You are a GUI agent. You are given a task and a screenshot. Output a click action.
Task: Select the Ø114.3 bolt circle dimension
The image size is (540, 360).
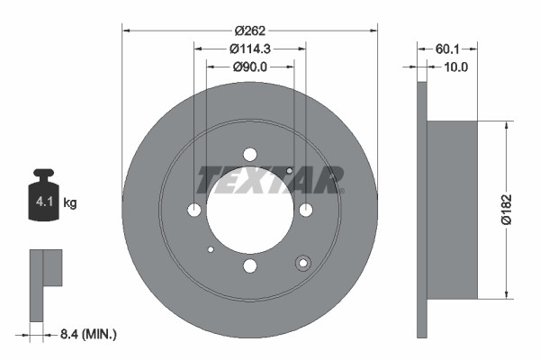[249, 48]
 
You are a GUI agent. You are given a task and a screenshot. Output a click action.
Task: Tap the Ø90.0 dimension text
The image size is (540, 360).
[249, 66]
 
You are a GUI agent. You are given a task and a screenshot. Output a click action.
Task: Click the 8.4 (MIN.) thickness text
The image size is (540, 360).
[87, 334]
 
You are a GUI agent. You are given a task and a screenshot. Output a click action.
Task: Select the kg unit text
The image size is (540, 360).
[70, 203]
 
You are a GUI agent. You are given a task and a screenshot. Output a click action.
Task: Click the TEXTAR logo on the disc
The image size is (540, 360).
[270, 179]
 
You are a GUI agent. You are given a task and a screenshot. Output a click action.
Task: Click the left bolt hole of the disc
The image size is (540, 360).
[194, 210]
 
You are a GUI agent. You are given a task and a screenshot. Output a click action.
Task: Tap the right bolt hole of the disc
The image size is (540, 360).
[306, 210]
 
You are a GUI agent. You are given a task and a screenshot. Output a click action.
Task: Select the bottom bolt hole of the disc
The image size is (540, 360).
[250, 265]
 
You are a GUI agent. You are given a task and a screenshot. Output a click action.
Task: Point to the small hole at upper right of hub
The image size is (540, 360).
[289, 171]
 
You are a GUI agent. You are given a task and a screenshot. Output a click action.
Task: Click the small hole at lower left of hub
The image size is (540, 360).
[211, 249]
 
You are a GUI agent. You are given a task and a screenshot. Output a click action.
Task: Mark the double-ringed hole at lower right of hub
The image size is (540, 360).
[303, 263]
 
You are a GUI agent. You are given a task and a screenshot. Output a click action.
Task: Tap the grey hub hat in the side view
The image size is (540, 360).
[450, 209]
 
